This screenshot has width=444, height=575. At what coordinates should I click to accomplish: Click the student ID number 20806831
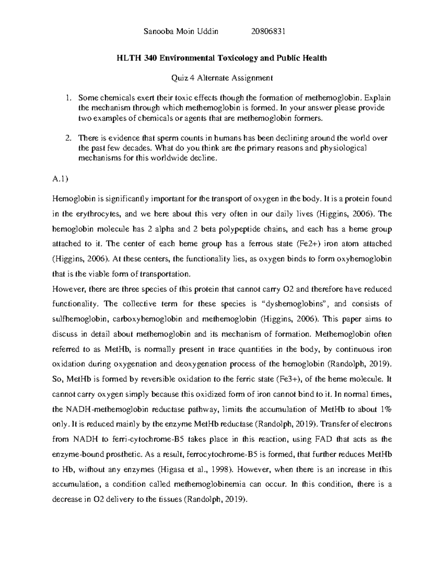[x=268, y=31]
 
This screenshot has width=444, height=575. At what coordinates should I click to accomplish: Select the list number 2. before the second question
[x=68, y=138]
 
